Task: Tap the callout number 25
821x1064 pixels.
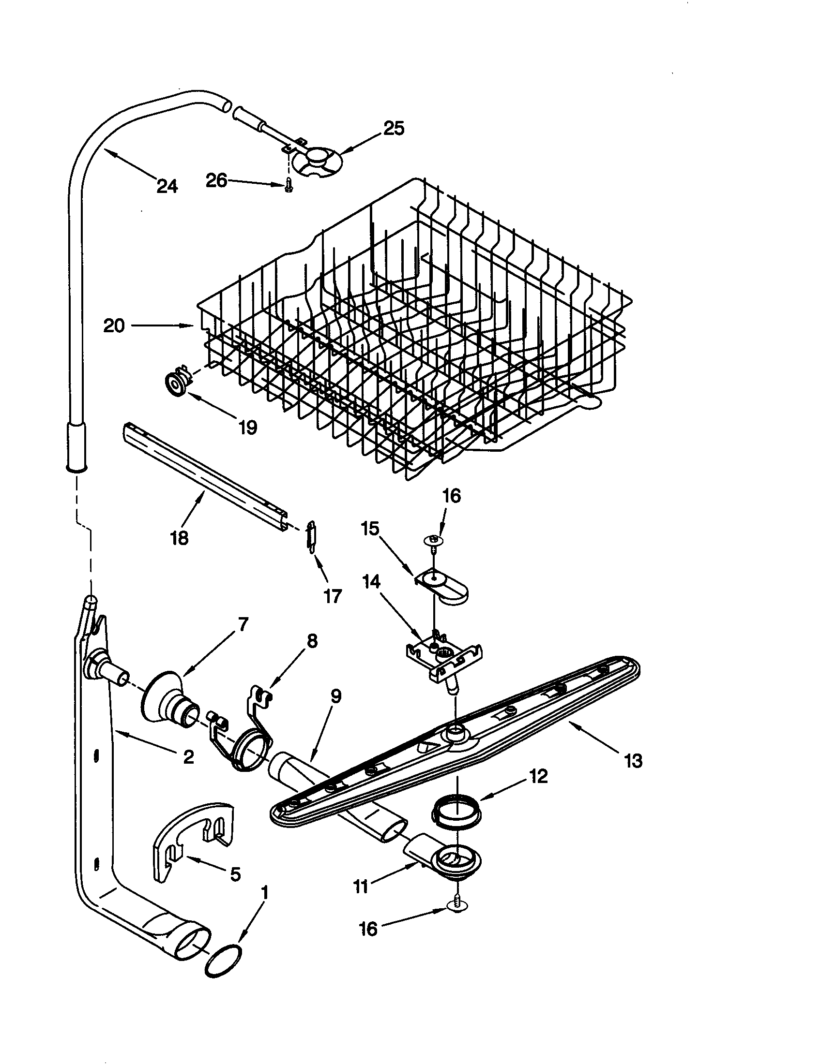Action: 394,128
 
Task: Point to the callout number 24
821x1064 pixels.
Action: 167,186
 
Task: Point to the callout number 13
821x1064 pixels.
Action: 633,761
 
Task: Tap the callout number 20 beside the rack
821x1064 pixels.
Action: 114,325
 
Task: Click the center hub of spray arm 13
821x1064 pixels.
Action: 456,732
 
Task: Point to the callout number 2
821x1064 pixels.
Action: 188,756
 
